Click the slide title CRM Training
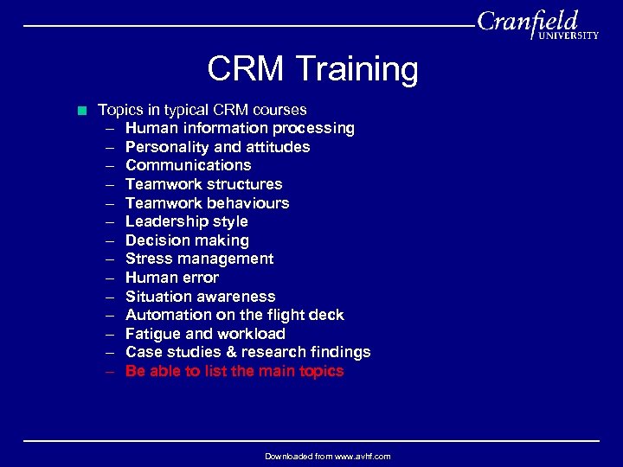point(312,69)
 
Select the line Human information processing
point(240,128)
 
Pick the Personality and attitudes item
point(217,147)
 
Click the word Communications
point(188,165)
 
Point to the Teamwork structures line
point(203,184)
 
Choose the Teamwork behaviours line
point(207,203)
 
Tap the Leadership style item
point(186,221)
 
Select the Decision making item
point(187,240)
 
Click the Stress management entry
point(199,259)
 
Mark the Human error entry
point(171,278)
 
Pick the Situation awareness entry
point(200,297)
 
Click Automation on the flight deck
point(234,315)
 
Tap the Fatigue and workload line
point(205,334)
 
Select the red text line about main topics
point(234,371)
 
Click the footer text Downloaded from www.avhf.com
point(327,456)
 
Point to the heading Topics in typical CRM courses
point(202,110)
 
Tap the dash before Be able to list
point(112,371)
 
